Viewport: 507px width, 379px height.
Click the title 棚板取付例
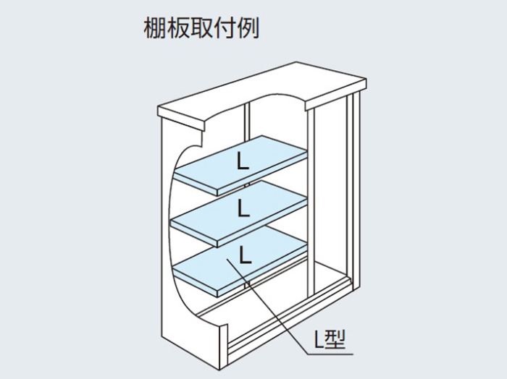201,27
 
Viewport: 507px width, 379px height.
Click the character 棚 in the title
155,27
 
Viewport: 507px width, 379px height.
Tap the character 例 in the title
248,27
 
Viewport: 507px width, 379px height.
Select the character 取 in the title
201,27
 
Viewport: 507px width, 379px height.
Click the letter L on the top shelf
243,161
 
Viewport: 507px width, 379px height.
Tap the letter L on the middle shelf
243,208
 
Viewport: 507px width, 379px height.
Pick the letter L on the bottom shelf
245,255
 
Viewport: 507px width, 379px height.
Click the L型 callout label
330,339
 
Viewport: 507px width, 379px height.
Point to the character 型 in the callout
335,339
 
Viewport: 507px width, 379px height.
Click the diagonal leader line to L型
267,307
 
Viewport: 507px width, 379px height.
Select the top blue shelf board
240,166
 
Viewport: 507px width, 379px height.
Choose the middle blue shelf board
238,213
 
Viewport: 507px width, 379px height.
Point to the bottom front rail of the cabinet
290,320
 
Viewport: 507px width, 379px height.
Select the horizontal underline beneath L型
330,354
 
